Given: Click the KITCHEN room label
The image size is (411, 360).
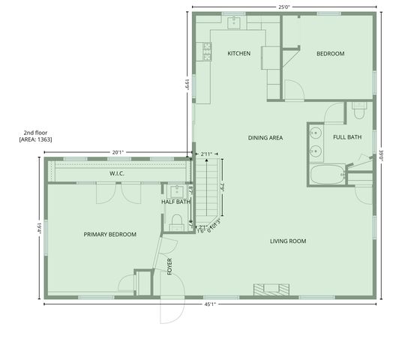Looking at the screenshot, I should coord(238,53).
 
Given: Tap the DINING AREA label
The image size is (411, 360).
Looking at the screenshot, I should coord(265,137).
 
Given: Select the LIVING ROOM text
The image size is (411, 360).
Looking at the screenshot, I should coord(288,241).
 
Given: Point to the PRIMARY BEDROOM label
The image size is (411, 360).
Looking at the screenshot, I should coord(110,235).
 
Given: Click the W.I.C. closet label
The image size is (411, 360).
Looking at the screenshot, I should coord(116,174).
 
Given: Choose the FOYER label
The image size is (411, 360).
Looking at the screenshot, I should coord(169,266).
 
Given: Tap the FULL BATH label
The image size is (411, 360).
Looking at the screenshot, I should coord(347,137).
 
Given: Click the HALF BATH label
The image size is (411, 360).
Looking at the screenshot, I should coord(176,202).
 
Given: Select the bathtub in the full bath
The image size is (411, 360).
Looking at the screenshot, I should coord(327,176).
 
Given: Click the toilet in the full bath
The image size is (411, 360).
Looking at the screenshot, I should coord(357,112).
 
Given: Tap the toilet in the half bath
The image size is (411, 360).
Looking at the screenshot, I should coord(178,220).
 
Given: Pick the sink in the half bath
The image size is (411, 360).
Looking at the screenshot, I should coord(178,190).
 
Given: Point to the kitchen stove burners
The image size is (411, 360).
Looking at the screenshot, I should coord(205,50).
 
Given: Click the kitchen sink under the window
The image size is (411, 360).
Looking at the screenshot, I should coord(234,22).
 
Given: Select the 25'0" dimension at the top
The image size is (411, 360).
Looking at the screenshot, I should coord(283,7).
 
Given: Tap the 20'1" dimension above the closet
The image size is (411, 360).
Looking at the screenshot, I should coord(118,152).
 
